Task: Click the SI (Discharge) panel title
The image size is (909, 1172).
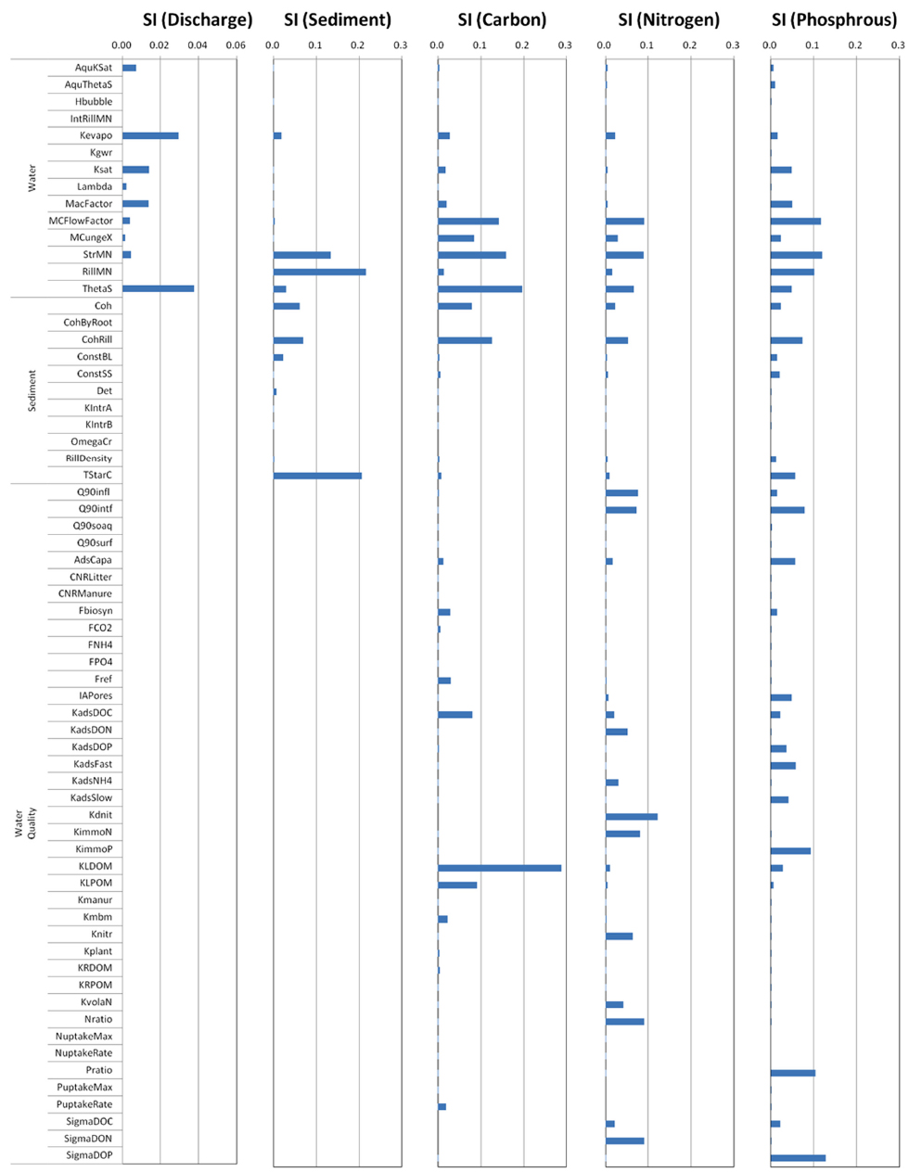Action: point(198,19)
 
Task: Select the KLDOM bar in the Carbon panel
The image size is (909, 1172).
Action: point(499,868)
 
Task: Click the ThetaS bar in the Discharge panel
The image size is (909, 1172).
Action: point(158,288)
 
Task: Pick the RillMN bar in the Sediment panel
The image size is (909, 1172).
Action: point(319,272)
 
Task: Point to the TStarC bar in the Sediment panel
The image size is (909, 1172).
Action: point(317,476)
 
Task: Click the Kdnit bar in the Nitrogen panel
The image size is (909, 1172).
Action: point(631,817)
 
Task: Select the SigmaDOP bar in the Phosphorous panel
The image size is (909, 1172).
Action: point(798,1157)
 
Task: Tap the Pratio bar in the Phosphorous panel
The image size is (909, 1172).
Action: point(792,1073)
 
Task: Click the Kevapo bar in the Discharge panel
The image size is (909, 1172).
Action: point(150,135)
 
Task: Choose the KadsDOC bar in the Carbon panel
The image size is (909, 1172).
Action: point(454,715)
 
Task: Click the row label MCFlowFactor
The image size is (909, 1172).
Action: point(81,221)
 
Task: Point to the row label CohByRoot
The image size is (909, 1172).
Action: point(87,323)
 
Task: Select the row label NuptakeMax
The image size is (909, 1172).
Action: point(83,1036)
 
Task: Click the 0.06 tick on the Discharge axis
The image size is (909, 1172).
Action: point(236,45)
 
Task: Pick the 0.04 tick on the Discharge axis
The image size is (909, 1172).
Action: point(198,45)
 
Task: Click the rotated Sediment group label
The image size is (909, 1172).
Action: point(32,390)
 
